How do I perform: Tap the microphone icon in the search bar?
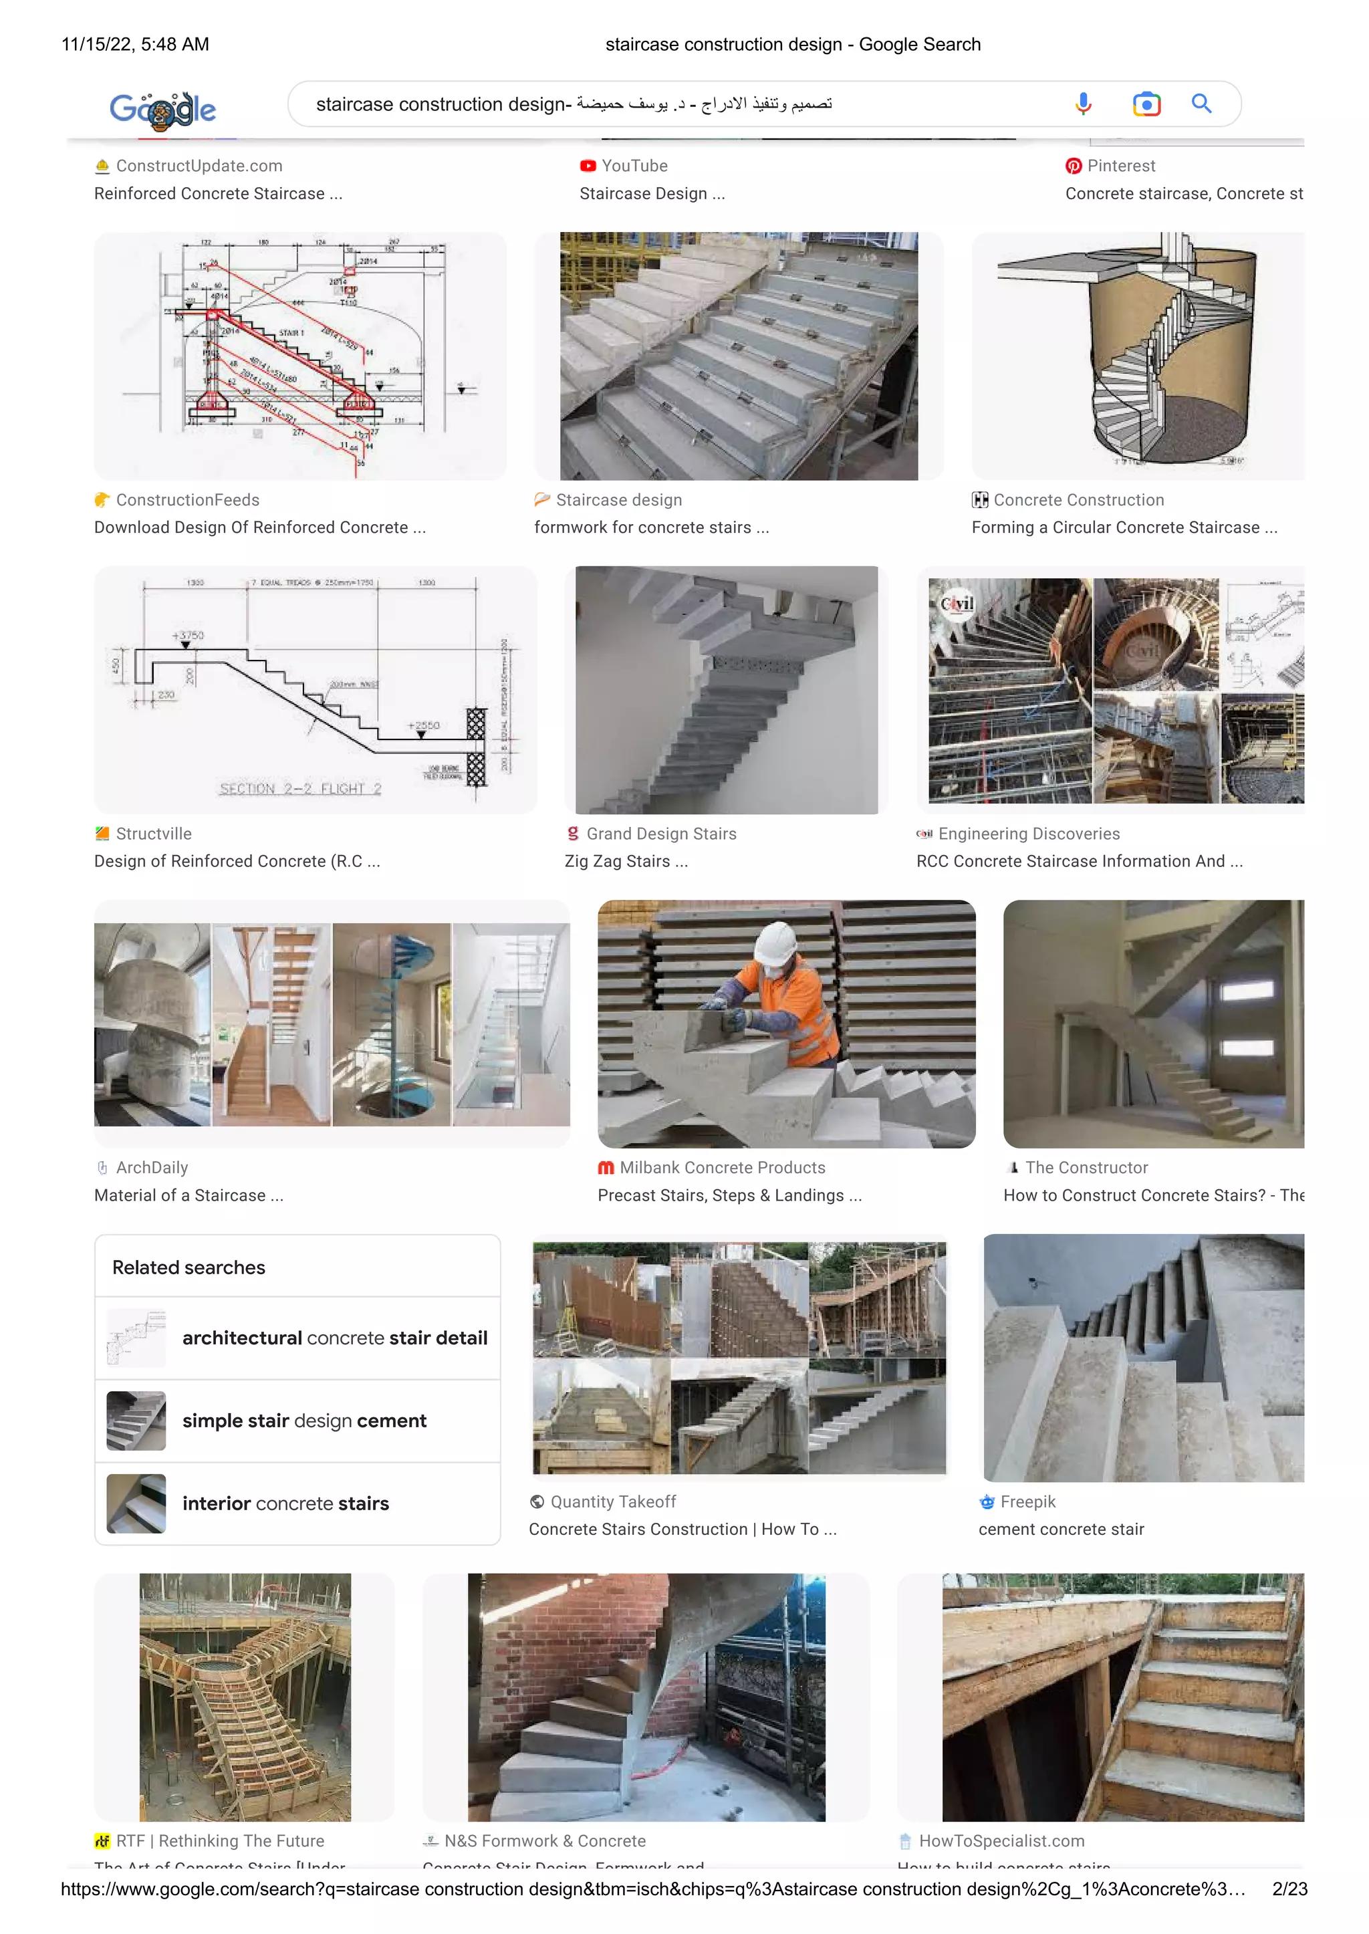[1083, 104]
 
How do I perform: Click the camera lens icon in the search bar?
[1146, 104]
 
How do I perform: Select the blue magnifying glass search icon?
[1201, 104]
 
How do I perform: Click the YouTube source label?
[633, 166]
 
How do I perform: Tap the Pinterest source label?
[1120, 166]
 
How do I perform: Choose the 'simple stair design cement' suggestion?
[303, 1421]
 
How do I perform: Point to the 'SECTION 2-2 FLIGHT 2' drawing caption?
[300, 789]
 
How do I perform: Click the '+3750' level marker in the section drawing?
[188, 636]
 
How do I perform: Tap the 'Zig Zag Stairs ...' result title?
[626, 862]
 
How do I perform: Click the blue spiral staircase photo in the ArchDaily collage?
[391, 1024]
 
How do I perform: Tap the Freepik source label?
[1027, 1501]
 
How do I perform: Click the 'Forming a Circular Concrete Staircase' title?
[1123, 527]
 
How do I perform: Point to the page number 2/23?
[1289, 1889]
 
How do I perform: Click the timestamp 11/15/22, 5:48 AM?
[135, 44]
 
